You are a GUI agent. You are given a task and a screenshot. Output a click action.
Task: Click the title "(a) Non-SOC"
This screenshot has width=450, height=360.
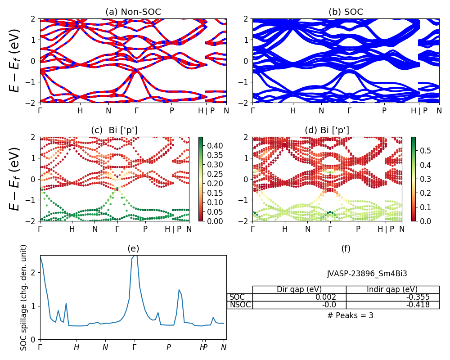133,12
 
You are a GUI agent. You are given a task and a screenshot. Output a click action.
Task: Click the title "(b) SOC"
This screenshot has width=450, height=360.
346,12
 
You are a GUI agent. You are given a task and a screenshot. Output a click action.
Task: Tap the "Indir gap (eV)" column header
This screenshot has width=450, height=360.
392,289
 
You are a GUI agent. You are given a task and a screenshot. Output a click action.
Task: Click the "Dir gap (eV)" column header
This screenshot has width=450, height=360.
299,289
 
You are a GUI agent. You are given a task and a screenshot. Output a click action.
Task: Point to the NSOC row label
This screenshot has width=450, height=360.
240,305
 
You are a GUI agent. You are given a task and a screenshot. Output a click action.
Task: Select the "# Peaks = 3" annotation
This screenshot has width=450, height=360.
351,315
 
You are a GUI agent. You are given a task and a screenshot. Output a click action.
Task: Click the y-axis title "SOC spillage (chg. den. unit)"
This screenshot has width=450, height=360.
24,297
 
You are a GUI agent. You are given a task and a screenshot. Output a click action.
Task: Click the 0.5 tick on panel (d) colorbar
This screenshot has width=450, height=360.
426,149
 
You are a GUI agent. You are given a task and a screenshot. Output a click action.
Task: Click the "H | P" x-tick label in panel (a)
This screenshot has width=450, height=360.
207,110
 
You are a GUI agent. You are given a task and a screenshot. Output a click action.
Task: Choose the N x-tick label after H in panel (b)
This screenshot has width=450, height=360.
321,110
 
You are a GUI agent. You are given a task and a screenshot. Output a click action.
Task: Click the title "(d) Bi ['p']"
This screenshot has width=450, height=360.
327,130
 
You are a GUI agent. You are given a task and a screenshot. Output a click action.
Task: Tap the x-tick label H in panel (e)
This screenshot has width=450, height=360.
76,347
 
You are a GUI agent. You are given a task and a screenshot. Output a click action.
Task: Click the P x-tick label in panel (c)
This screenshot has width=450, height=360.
145,229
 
